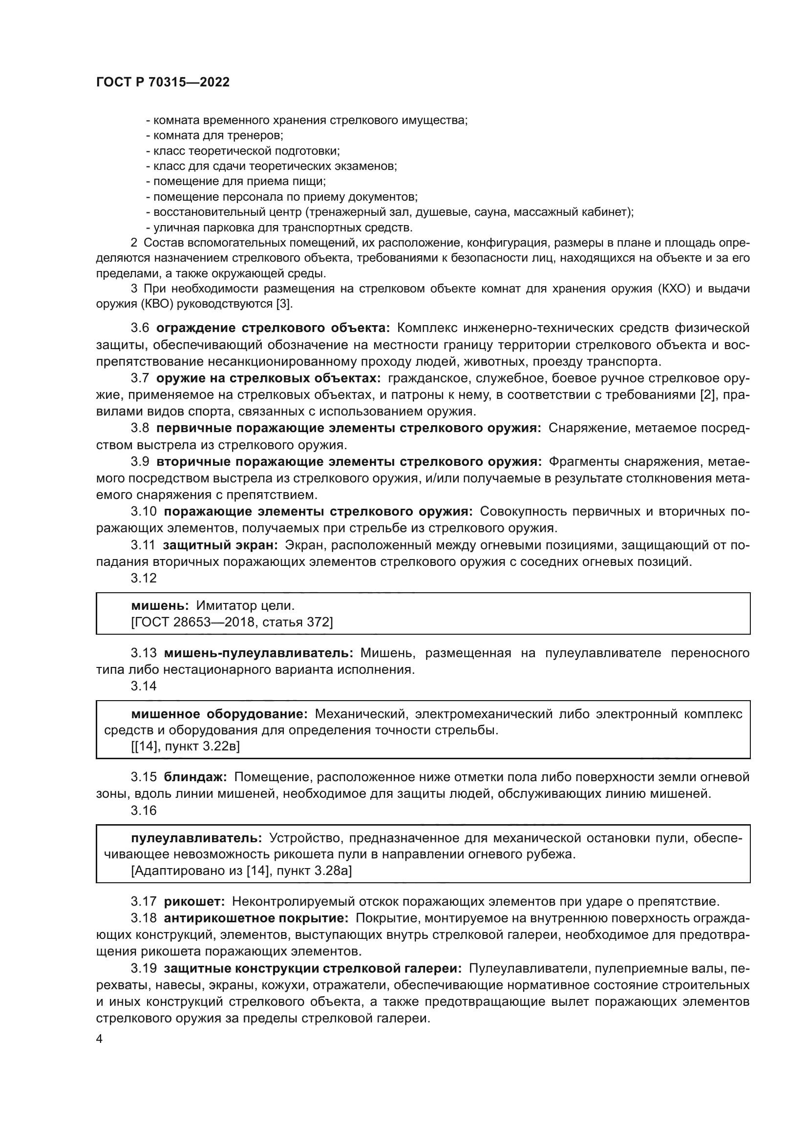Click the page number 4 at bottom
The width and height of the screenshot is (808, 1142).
(99, 1039)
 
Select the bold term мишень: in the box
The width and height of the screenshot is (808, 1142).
(160, 605)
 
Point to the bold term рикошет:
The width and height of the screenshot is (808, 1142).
(194, 901)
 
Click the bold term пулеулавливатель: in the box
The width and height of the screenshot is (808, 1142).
(196, 838)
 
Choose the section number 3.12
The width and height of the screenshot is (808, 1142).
(143, 578)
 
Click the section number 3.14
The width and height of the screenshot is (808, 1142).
(143, 686)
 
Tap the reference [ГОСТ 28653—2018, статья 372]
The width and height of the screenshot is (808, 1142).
(232, 622)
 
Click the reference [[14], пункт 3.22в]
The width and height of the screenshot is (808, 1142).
(185, 747)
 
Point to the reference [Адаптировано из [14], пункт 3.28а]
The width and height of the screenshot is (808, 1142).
(241, 871)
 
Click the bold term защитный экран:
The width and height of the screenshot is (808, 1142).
(220, 545)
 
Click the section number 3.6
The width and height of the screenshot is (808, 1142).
(140, 328)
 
